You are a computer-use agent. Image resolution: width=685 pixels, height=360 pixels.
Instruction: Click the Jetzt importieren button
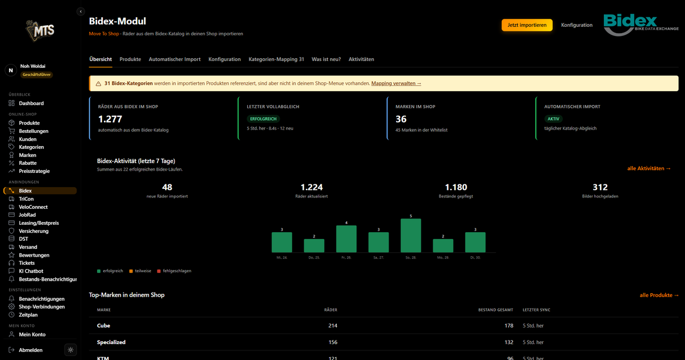(527, 25)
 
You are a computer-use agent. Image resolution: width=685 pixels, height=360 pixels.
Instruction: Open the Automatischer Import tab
(175, 59)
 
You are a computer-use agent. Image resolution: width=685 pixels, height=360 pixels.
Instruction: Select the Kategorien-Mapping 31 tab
(276, 59)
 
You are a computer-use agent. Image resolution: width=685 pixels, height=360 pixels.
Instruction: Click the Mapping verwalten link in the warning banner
(396, 83)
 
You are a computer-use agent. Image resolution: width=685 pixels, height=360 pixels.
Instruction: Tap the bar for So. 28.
(410, 236)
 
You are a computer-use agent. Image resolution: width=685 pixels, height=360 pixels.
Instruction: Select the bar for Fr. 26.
(346, 239)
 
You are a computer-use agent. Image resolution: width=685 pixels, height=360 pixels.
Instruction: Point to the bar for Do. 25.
(314, 246)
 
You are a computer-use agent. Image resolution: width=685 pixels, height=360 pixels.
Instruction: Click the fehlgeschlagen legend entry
(174, 271)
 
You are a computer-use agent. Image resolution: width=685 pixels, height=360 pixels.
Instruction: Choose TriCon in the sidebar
(26, 199)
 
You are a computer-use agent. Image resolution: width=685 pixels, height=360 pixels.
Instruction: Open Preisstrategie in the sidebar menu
(34, 171)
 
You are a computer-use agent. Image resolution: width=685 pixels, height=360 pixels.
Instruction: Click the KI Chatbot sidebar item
(31, 271)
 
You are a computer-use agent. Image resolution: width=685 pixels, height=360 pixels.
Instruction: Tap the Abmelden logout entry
(31, 350)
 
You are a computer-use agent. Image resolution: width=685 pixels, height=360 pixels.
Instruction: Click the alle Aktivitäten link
(649, 168)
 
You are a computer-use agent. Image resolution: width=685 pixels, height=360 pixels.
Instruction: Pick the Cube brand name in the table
(103, 326)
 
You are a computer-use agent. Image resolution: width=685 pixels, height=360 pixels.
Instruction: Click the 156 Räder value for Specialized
(333, 342)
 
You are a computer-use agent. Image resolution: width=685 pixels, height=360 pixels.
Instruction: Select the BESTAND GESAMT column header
(495, 310)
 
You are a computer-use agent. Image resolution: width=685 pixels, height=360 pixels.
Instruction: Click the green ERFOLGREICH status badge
(263, 119)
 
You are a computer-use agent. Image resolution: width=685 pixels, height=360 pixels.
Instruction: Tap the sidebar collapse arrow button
(80, 11)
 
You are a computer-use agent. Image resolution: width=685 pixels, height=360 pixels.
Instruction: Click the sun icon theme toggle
(71, 350)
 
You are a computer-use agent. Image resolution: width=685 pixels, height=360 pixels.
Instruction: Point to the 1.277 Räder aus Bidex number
(110, 119)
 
